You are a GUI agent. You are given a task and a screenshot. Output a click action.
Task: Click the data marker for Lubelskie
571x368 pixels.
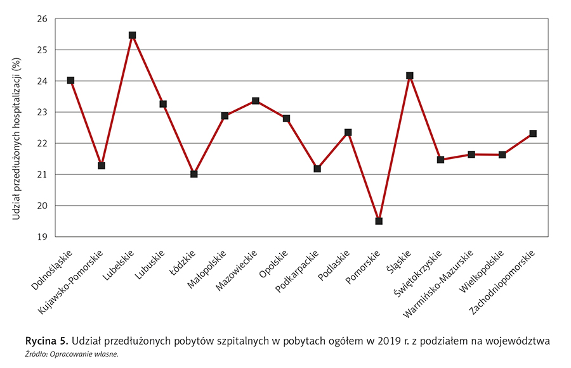pos(132,35)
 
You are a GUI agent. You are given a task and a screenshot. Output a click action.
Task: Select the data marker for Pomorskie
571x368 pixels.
pos(379,221)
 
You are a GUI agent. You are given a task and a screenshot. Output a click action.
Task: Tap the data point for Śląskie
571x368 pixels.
pos(410,76)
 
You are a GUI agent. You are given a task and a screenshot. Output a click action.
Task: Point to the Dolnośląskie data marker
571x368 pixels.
pos(70,80)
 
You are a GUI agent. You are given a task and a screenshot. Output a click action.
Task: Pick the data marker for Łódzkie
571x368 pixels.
pos(194,174)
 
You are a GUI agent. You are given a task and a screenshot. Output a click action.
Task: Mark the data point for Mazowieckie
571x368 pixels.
pos(256,101)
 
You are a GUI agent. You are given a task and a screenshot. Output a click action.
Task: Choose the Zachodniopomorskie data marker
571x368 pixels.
pos(533,134)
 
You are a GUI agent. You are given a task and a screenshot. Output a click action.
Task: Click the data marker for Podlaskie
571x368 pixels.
pos(348,132)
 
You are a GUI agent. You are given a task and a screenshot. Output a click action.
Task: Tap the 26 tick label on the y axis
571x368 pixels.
pos(43,19)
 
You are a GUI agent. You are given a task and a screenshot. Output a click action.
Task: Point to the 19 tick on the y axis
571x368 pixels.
pos(43,237)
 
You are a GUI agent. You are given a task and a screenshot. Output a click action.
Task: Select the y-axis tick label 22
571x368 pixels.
pos(43,143)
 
